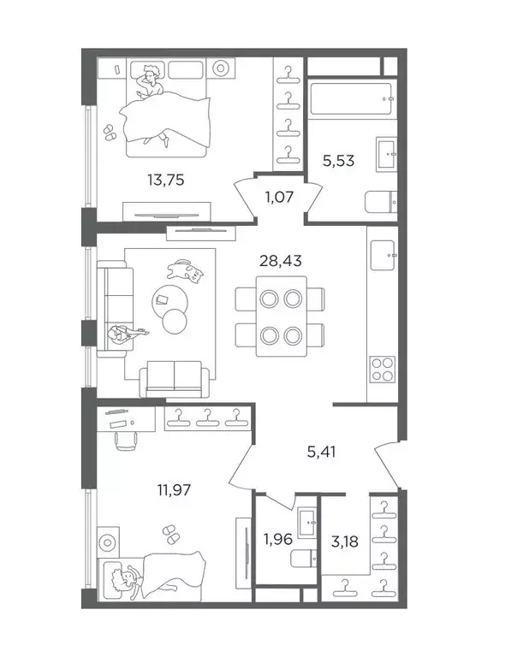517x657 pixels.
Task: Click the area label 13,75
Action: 165,181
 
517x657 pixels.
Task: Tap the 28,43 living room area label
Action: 281,261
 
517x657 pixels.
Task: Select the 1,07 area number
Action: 279,197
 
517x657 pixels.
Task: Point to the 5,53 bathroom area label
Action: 338,161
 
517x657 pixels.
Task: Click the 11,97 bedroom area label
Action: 174,489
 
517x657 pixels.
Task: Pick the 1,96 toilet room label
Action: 278,539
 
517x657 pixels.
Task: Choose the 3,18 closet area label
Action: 345,542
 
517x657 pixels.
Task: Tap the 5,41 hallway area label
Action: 322,452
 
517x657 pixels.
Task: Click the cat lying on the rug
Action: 185,271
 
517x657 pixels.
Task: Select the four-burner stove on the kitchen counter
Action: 383,370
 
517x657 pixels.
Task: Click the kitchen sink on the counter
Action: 383,255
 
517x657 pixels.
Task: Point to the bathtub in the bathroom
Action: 352,98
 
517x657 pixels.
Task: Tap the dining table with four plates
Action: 282,317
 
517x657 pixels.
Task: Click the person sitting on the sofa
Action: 125,334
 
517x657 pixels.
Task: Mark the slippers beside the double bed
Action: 110,132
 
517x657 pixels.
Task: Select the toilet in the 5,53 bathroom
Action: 381,202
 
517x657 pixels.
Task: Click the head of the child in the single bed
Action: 124,579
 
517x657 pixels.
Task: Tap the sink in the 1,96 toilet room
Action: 308,523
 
